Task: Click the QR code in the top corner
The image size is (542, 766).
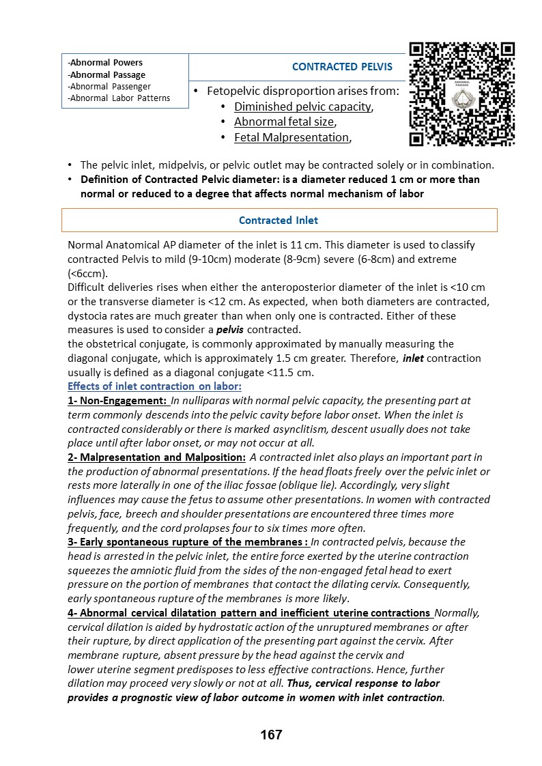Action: point(461,94)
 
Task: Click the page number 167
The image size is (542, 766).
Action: point(271,735)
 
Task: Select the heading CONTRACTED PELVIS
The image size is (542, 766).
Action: point(342,67)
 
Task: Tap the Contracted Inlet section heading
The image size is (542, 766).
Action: point(279,221)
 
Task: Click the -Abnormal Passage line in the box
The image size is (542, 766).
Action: point(106,75)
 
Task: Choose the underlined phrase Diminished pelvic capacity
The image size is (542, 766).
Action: point(302,107)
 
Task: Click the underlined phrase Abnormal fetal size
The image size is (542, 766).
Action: point(283,122)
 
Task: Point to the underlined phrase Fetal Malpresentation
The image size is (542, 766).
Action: point(291,137)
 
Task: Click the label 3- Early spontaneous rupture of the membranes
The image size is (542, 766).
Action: point(188,542)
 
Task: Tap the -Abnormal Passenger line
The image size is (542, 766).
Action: point(109,87)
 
